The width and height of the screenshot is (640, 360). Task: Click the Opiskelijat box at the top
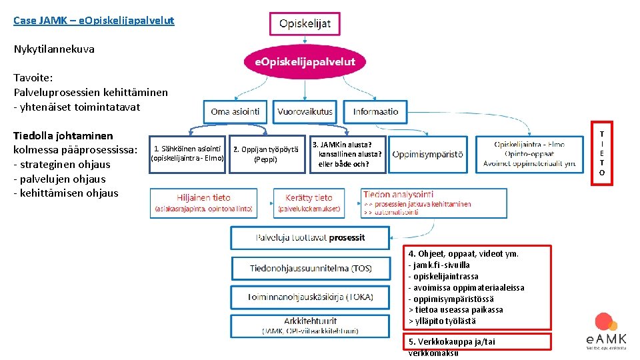pyautogui.click(x=305, y=24)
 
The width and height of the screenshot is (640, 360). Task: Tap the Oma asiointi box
pyautogui.click(x=235, y=111)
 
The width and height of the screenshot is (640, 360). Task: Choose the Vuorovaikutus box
pyautogui.click(x=306, y=111)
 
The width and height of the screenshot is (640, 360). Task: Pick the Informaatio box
pyautogui.click(x=375, y=111)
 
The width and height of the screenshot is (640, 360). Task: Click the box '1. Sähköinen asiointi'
pyautogui.click(x=187, y=154)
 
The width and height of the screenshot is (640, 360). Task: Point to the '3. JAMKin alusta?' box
pyautogui.click(x=347, y=154)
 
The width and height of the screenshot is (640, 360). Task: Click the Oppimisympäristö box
pyautogui.click(x=427, y=154)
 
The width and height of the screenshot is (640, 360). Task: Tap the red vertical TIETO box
pyautogui.click(x=601, y=153)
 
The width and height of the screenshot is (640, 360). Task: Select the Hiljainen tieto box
pyautogui.click(x=203, y=203)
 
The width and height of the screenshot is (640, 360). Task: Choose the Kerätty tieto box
pyautogui.click(x=309, y=203)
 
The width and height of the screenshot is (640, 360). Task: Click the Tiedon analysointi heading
pyautogui.click(x=398, y=195)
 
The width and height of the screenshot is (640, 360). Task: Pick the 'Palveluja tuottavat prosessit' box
pyautogui.click(x=310, y=237)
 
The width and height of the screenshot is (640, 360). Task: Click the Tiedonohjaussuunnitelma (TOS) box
pyautogui.click(x=311, y=268)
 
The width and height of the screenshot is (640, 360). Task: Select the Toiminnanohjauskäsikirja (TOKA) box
pyautogui.click(x=311, y=297)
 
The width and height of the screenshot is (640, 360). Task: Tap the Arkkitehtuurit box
pyautogui.click(x=311, y=325)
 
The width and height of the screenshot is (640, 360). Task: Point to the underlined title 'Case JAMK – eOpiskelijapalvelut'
pyautogui.click(x=94, y=21)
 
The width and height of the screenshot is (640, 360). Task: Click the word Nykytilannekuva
pyautogui.click(x=54, y=49)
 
